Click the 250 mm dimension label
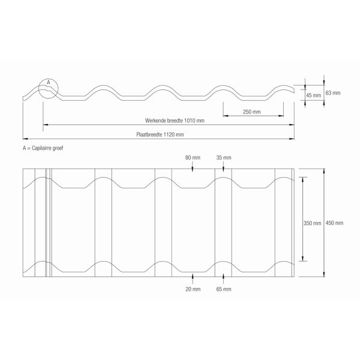(x=251, y=112)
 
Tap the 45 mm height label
(x=313, y=95)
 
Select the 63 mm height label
(x=333, y=93)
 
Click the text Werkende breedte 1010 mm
(x=175, y=121)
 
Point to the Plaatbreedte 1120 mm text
(x=160, y=134)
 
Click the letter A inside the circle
(x=49, y=82)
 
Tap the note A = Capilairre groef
(x=43, y=148)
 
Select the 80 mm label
(x=193, y=158)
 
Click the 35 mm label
(x=224, y=158)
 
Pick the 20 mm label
(x=193, y=289)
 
